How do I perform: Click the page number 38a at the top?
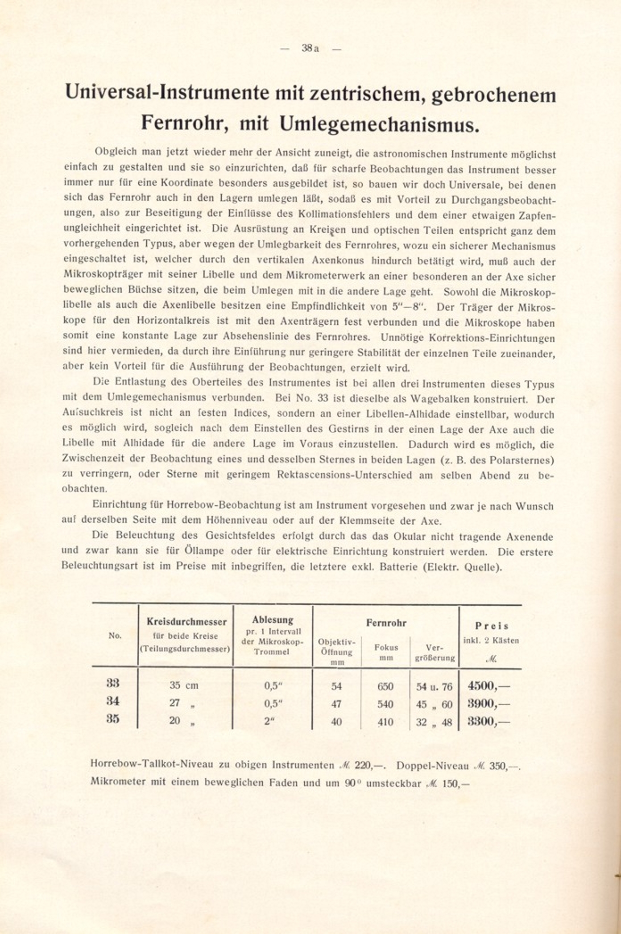310,48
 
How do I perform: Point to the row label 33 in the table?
113,683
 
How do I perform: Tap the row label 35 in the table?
113,719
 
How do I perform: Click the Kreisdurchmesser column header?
186,622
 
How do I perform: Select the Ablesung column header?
273,620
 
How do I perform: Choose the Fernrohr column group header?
386,623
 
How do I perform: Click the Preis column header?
491,626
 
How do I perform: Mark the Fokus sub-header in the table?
386,647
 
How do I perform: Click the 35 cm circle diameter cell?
184,686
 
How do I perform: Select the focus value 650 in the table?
385,686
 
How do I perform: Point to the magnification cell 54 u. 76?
434,686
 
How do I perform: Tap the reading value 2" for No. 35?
268,721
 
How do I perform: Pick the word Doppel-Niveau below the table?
432,766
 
